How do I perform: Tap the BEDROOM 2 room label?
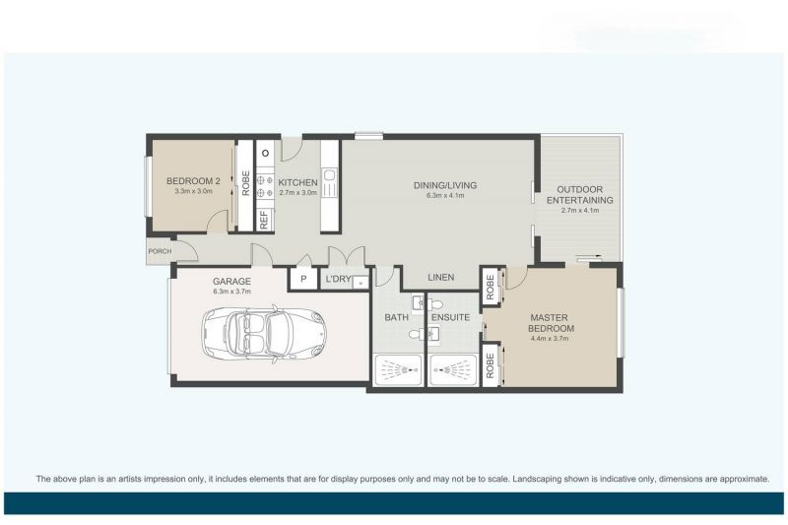[x=192, y=181]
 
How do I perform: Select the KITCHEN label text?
[x=296, y=182]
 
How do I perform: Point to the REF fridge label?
[x=264, y=220]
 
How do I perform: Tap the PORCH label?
[x=159, y=251]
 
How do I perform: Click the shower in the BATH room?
[x=396, y=371]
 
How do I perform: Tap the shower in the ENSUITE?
[x=453, y=371]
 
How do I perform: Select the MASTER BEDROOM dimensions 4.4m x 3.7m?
[x=551, y=338]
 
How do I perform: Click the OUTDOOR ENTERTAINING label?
[x=580, y=194]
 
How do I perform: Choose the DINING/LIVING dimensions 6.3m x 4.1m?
[x=444, y=195]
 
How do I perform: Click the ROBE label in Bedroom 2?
[x=245, y=183]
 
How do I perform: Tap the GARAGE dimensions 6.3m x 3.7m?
[x=232, y=292]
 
